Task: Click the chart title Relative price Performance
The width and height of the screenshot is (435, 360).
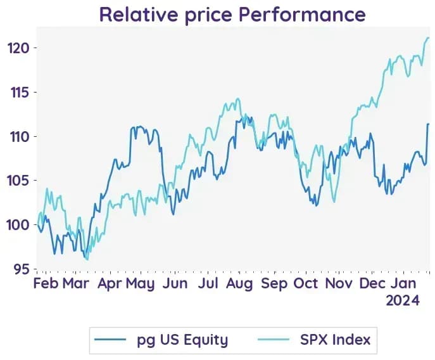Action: pos(232,15)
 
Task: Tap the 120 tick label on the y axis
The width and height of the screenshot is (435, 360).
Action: pos(18,48)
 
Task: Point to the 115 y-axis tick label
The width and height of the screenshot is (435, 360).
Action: pos(20,93)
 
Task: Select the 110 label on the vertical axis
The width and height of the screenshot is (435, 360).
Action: pos(20,136)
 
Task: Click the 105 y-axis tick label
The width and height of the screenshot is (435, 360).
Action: pos(18,181)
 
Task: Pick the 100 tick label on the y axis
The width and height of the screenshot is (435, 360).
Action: pos(18,225)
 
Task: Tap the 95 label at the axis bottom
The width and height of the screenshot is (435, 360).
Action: pos(22,269)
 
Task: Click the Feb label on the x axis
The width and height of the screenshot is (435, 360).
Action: pos(46,283)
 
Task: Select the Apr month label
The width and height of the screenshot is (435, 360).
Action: pos(110,284)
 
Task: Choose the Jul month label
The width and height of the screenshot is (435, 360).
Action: pos(208,283)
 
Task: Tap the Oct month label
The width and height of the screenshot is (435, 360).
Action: pos(305,283)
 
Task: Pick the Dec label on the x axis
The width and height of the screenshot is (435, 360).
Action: pos(372,283)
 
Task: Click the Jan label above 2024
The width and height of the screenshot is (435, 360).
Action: pos(404,283)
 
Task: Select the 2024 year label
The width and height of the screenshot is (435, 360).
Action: pos(403,300)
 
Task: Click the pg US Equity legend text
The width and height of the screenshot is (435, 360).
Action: pos(182,340)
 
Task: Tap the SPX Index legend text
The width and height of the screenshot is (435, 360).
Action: pos(335,340)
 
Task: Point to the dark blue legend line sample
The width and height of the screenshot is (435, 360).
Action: pos(110,340)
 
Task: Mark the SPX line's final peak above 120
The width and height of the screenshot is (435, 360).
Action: pos(428,38)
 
